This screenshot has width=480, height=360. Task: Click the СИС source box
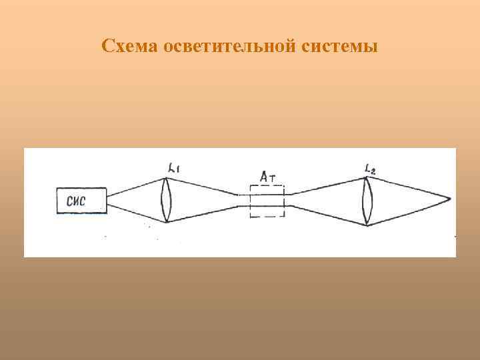[82, 199]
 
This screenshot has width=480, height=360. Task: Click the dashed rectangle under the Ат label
[267, 201]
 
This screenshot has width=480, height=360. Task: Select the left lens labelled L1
[167, 199]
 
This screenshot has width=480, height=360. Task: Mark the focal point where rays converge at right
[450, 199]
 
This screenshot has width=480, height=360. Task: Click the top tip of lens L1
[167, 177]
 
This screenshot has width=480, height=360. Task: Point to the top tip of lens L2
[367, 175]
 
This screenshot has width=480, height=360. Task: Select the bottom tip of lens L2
[367, 225]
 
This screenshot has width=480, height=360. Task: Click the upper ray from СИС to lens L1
[137, 186]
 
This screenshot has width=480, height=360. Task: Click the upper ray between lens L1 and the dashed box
[203, 187]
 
